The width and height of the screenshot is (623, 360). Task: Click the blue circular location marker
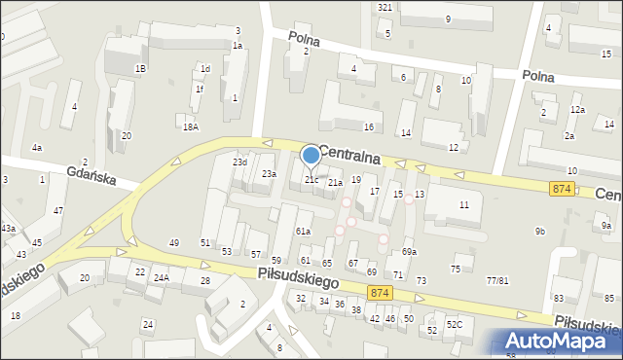pos(311,156)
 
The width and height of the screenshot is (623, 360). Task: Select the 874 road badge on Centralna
pos(561,188)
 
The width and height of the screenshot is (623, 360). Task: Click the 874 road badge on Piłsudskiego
pos(381,292)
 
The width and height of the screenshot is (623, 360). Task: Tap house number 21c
pos(311,180)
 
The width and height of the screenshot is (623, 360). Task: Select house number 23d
pos(238,162)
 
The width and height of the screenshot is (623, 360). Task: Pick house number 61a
pos(303,231)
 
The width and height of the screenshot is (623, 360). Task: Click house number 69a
pos(410,252)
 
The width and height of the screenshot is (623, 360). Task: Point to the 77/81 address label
pos(496,280)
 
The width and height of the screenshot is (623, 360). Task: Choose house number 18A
pos(190,126)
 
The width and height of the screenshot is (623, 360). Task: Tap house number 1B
pos(140,68)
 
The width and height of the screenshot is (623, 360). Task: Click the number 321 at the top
pos(385,7)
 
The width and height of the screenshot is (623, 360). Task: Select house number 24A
pos(161,277)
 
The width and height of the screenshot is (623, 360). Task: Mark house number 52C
pos(454,324)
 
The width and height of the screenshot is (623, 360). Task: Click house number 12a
pos(577,110)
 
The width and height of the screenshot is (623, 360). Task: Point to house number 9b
pos(539,231)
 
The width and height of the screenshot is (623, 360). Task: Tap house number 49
pos(174,242)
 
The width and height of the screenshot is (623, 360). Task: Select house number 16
pos(368,127)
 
